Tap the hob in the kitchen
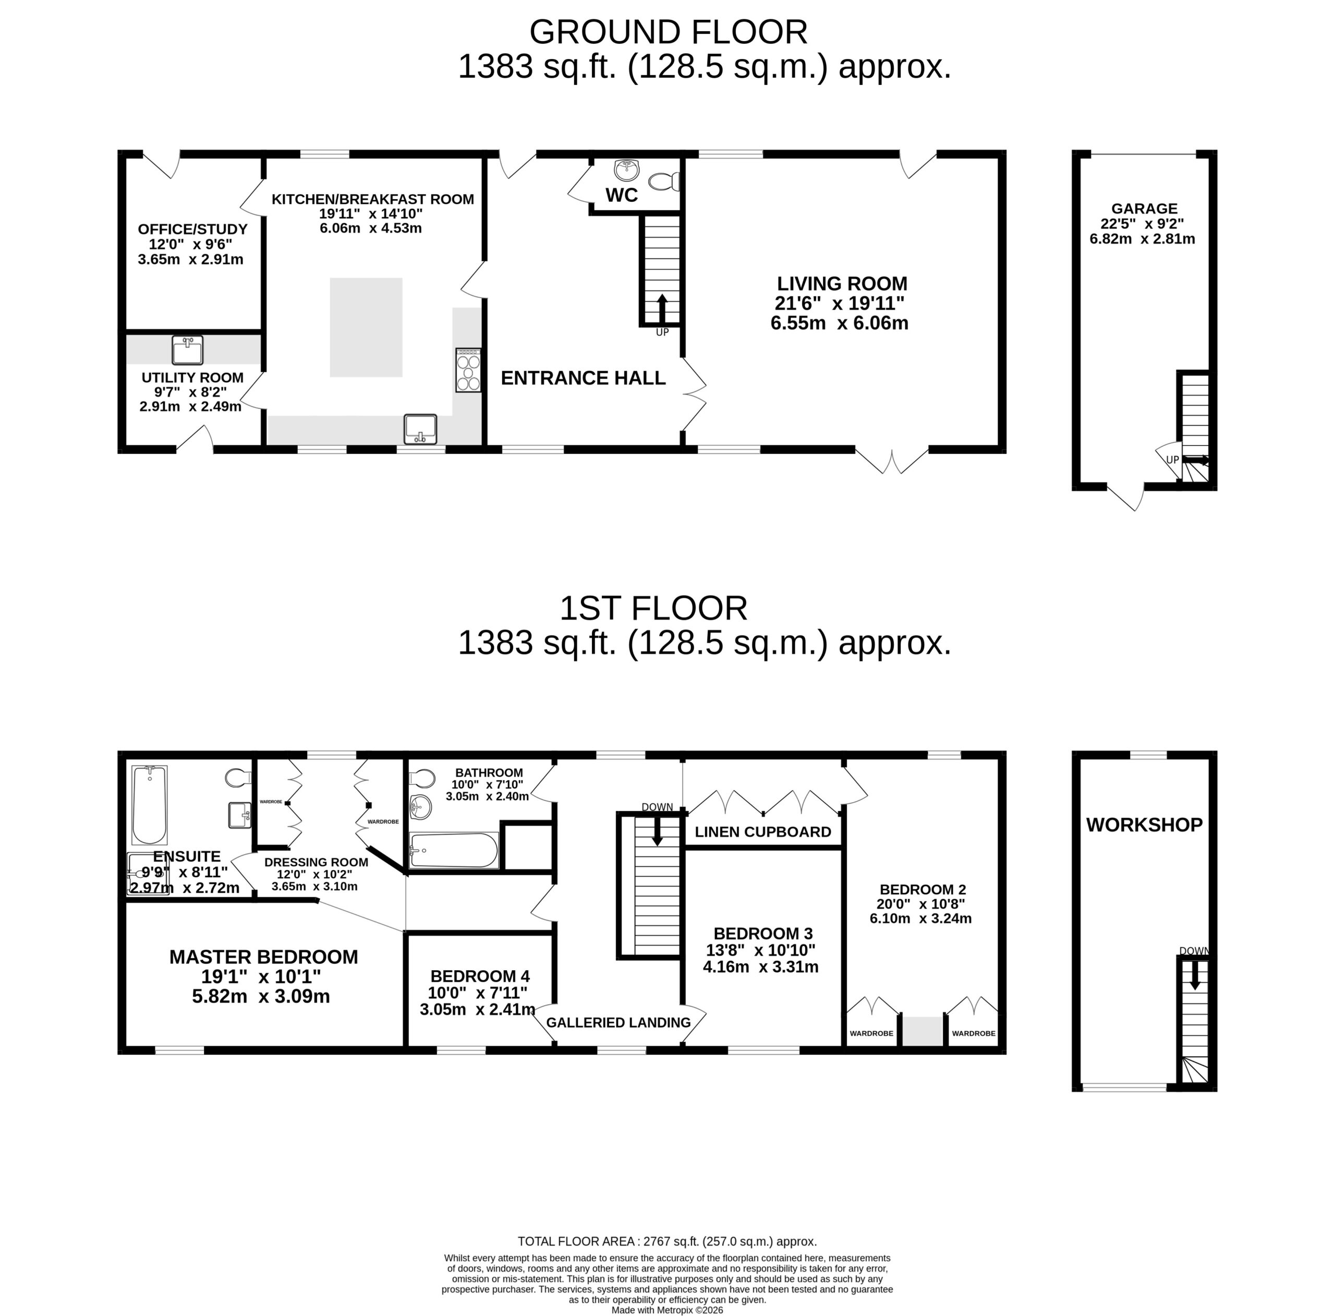[x=468, y=370]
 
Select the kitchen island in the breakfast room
[x=366, y=328]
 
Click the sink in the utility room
[x=188, y=350]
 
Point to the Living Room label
[x=842, y=283]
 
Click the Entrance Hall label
[x=583, y=378]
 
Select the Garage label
[x=1144, y=208]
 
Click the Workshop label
[x=1144, y=825]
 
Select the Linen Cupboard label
[x=763, y=831]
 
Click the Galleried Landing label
[x=618, y=1022]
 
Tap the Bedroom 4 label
[x=480, y=976]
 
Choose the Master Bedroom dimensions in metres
[x=261, y=996]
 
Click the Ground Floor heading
[x=668, y=32]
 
